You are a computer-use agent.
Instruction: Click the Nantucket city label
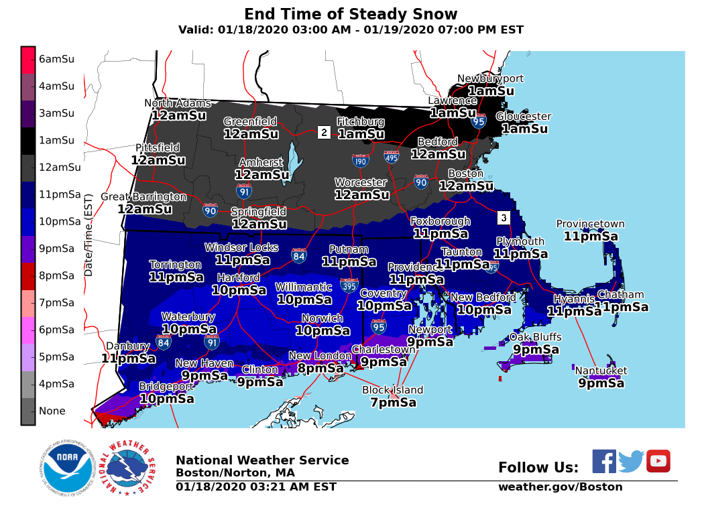pyautogui.click(x=601, y=371)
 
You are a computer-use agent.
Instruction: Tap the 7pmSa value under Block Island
pyautogui.click(x=393, y=402)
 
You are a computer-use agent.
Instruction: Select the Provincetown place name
pyautogui.click(x=590, y=224)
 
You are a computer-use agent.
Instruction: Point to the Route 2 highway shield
pyautogui.click(x=324, y=132)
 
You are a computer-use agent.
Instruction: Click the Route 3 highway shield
pyautogui.click(x=504, y=218)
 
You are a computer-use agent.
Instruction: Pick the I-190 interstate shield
pyautogui.click(x=360, y=160)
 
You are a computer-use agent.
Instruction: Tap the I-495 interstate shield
pyautogui.click(x=392, y=157)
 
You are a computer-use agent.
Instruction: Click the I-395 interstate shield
pyautogui.click(x=349, y=285)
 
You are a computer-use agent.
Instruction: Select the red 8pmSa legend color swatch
pyautogui.click(x=27, y=275)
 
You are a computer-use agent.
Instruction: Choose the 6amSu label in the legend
pyautogui.click(x=56, y=59)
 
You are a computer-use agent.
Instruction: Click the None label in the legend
pyautogui.click(x=52, y=411)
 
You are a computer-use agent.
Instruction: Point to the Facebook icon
pyautogui.click(x=603, y=461)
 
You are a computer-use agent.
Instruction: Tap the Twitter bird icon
pyautogui.click(x=630, y=461)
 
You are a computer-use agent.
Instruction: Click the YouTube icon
pyautogui.click(x=658, y=461)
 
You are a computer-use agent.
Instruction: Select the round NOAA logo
pyautogui.click(x=66, y=467)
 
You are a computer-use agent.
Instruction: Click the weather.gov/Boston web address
pyautogui.click(x=560, y=487)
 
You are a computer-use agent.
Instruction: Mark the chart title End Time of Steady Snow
pyautogui.click(x=351, y=14)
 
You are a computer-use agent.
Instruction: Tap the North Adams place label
pyautogui.click(x=178, y=103)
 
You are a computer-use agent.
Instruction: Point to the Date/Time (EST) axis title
pyautogui.click(x=88, y=235)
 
